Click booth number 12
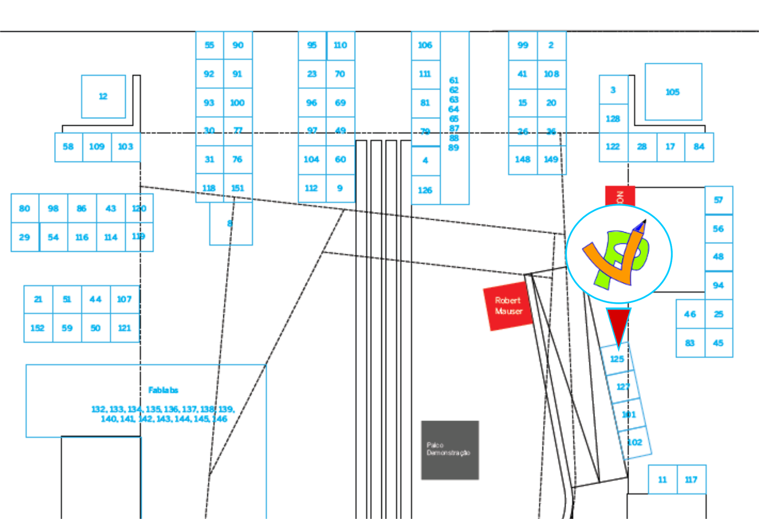(103, 96)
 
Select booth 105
(673, 92)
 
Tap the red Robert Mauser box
(508, 306)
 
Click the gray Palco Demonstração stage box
(450, 450)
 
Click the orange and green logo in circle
(619, 254)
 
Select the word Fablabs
(163, 390)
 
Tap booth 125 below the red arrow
(617, 359)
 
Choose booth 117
(691, 480)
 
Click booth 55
(209, 45)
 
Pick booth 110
(340, 45)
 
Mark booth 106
(425, 45)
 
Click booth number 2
(551, 45)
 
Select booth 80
(25, 208)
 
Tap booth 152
(37, 328)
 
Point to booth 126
(425, 190)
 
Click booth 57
(719, 200)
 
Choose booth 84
(699, 147)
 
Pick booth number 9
(340, 188)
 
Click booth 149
(551, 160)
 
